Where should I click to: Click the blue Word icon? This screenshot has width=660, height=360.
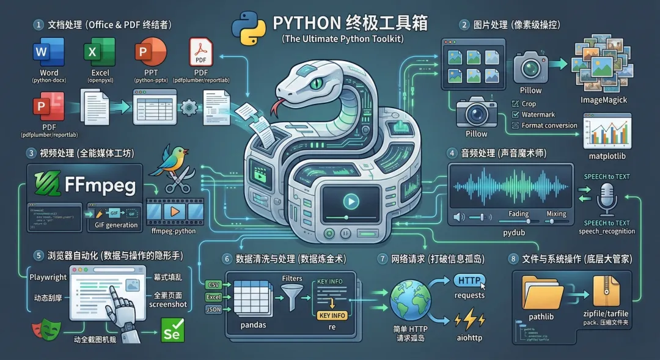[41, 53]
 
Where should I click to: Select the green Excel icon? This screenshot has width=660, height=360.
[94, 53]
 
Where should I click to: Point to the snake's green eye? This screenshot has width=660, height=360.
[314, 81]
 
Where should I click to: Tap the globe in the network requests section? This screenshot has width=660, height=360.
[410, 299]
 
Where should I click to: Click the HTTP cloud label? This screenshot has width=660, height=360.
[469, 281]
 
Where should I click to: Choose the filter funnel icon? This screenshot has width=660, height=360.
[292, 299]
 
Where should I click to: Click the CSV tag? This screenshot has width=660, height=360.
[213, 285]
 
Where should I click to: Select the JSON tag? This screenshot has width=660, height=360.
[213, 309]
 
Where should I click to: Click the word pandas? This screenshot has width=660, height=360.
[254, 325]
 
